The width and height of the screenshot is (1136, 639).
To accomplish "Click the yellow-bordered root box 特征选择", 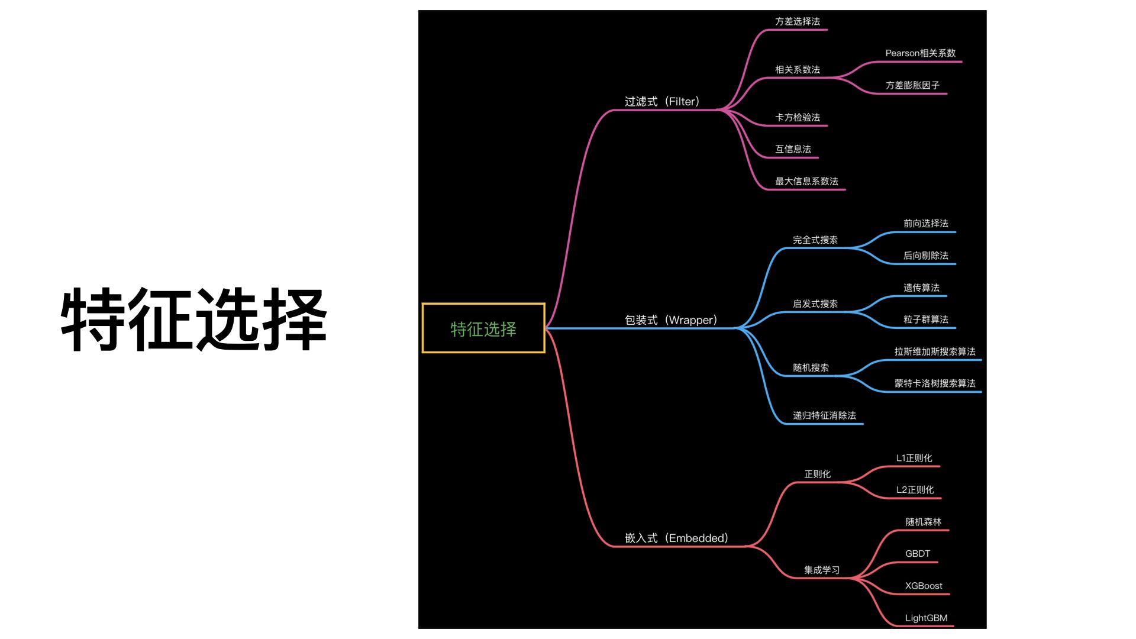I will click(483, 328).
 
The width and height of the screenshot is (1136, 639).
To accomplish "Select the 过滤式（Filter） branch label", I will click(662, 102).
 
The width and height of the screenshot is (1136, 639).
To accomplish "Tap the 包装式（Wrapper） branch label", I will click(671, 320).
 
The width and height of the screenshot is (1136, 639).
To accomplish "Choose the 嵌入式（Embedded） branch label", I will click(676, 538).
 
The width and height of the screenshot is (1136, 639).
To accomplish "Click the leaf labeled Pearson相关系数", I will click(920, 53).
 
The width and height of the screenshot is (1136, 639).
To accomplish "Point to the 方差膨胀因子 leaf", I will click(912, 85).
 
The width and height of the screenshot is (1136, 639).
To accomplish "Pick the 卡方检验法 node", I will click(798, 118).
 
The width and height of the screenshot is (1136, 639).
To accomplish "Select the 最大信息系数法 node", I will click(806, 182).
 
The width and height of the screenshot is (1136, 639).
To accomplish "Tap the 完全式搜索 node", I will click(815, 240).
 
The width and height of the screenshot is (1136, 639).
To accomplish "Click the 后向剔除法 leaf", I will click(925, 256).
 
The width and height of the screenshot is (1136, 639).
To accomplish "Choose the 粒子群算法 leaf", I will click(925, 319).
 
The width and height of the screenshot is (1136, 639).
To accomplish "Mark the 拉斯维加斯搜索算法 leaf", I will click(934, 351).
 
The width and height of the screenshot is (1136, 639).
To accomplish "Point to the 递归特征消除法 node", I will click(824, 415).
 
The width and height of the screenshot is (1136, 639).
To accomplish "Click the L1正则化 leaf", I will click(914, 458).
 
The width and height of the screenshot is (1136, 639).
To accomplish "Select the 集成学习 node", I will click(821, 570).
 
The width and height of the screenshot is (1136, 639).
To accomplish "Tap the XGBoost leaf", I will click(923, 586).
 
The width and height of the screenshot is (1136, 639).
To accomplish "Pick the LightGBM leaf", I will click(926, 618).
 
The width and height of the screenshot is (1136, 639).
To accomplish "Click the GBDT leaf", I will click(917, 554).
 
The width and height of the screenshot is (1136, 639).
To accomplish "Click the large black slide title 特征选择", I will click(193, 319).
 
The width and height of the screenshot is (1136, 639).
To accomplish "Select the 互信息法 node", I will click(793, 150).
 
